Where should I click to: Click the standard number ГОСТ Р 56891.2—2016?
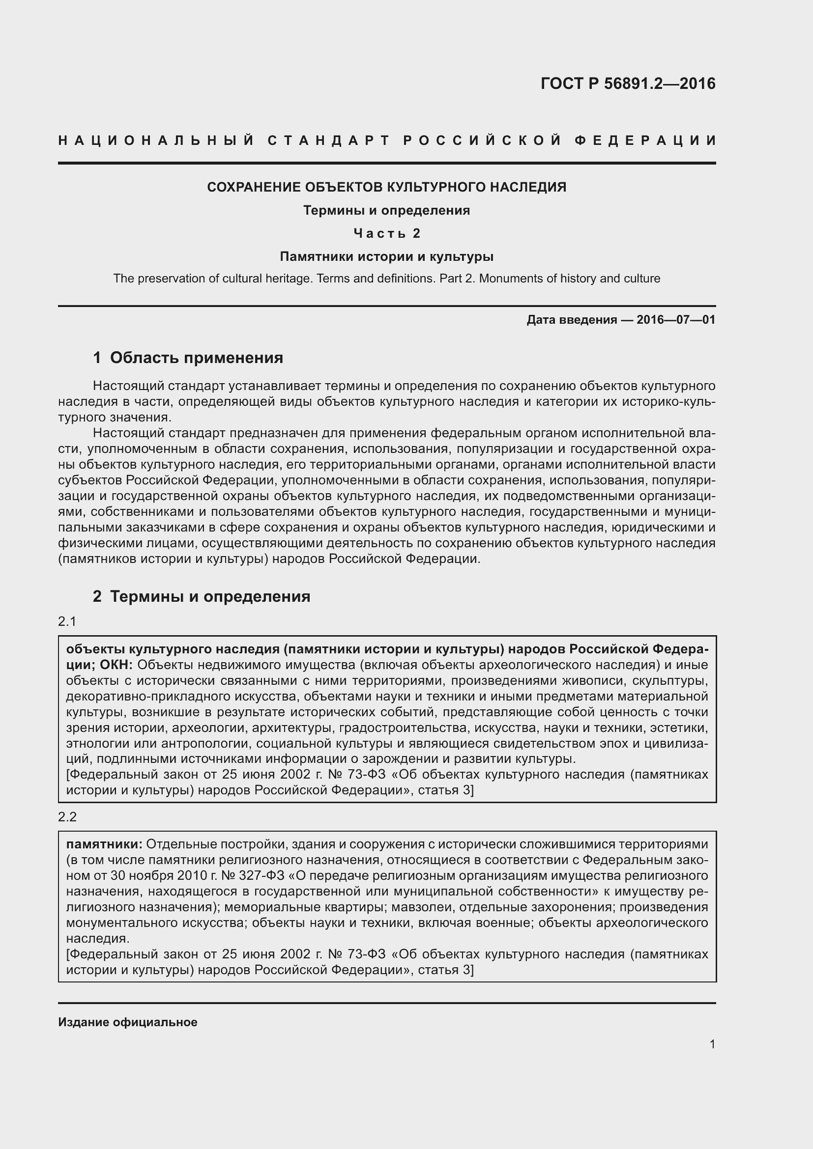(x=628, y=84)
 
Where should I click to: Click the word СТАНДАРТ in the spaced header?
(x=328, y=140)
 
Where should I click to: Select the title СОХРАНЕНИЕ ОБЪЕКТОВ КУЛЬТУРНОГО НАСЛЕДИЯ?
(x=386, y=187)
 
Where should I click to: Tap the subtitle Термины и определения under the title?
(x=386, y=210)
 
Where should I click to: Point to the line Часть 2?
(x=386, y=233)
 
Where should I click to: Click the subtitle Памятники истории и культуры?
(x=386, y=257)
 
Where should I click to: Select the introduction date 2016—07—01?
(x=675, y=320)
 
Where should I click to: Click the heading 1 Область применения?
(x=188, y=358)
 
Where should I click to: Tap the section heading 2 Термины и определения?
(x=201, y=596)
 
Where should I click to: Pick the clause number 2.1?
(x=67, y=621)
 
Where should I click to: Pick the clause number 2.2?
(x=67, y=817)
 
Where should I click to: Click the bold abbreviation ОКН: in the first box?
(x=116, y=665)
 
